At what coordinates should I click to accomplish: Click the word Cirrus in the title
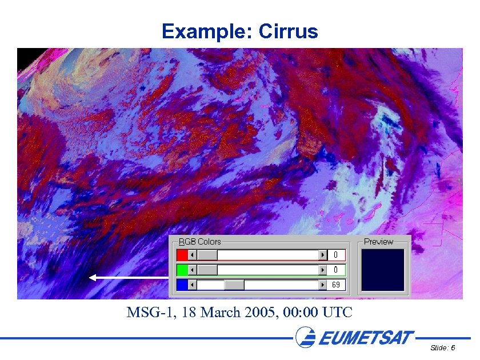pyautogui.click(x=288, y=31)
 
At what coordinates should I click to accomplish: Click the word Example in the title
pyautogui.click(x=202, y=31)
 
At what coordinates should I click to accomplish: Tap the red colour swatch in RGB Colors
pyautogui.click(x=182, y=255)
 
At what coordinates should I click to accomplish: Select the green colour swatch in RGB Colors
pyautogui.click(x=182, y=270)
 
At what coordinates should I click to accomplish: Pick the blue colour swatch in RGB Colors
pyautogui.click(x=182, y=285)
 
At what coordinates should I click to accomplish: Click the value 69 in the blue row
pyautogui.click(x=337, y=285)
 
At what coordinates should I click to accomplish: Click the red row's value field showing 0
pyautogui.click(x=337, y=255)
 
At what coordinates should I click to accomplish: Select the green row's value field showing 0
pyautogui.click(x=337, y=270)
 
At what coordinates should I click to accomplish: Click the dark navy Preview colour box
pyautogui.click(x=383, y=270)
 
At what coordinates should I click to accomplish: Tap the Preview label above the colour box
pyautogui.click(x=378, y=242)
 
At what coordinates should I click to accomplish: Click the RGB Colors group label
pyautogui.click(x=200, y=242)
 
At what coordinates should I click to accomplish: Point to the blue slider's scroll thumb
pyautogui.click(x=234, y=285)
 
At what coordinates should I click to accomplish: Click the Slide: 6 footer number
pyautogui.click(x=443, y=348)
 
